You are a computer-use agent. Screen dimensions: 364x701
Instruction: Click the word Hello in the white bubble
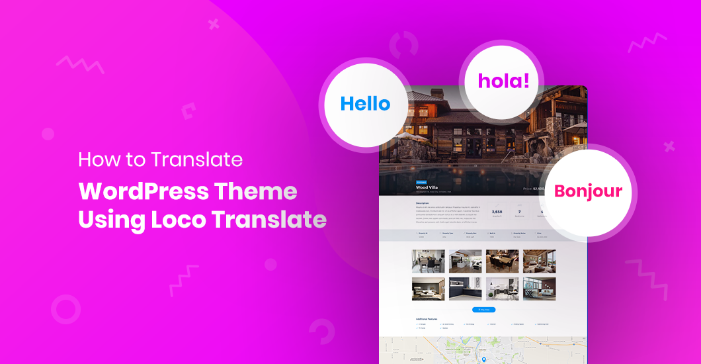pyautogui.click(x=365, y=104)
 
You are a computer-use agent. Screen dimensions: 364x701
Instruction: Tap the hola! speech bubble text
pyautogui.click(x=503, y=81)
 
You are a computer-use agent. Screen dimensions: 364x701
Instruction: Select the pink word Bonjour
pyautogui.click(x=588, y=191)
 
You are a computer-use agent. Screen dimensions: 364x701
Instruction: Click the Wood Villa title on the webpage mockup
pyautogui.click(x=429, y=187)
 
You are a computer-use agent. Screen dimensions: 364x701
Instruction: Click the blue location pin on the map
pyautogui.click(x=483, y=360)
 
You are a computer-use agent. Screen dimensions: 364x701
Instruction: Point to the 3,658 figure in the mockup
pyautogui.click(x=497, y=212)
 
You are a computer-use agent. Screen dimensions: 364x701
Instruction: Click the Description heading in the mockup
pyautogui.click(x=423, y=203)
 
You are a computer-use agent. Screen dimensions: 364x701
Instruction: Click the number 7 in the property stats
pyautogui.click(x=519, y=212)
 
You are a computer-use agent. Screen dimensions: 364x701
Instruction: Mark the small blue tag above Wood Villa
pyautogui.click(x=421, y=181)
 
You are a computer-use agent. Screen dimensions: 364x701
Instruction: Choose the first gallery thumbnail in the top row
pyautogui.click(x=429, y=261)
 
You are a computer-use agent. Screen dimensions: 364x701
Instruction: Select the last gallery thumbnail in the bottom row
pyautogui.click(x=539, y=289)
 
